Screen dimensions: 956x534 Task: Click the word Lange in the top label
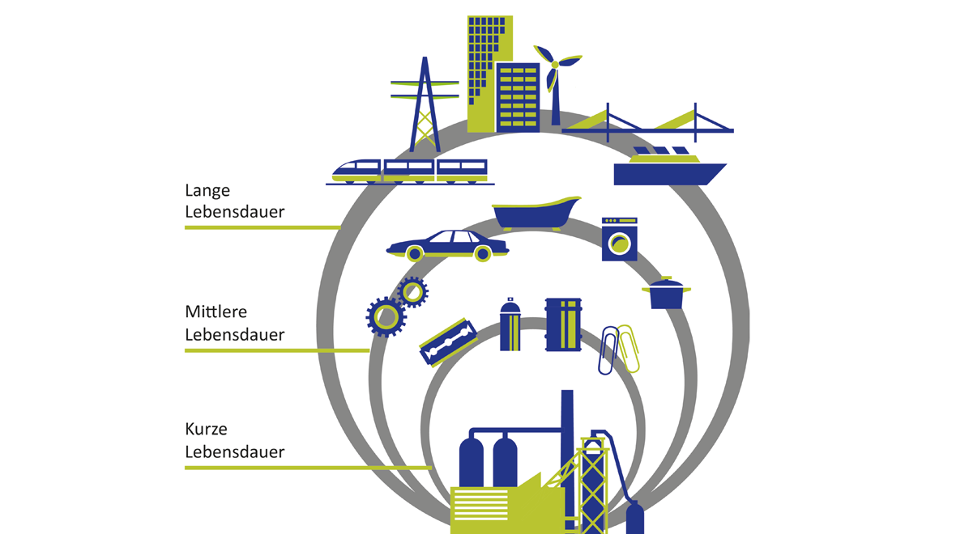[207, 191]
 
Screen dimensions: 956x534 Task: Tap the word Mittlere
[216, 311]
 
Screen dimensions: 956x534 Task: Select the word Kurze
[206, 429]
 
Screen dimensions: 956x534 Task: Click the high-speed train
[410, 172]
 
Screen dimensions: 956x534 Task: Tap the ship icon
[669, 167]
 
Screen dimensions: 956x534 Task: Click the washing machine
[620, 239]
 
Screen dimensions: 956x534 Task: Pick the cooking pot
[666, 294]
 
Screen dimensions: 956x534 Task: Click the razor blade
[448, 342]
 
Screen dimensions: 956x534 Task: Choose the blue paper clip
[608, 350]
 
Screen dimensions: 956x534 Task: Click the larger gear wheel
[386, 316]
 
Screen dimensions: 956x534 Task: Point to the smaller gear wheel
[412, 292]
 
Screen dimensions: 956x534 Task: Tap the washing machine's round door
[620, 244]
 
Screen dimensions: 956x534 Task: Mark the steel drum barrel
[563, 324]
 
